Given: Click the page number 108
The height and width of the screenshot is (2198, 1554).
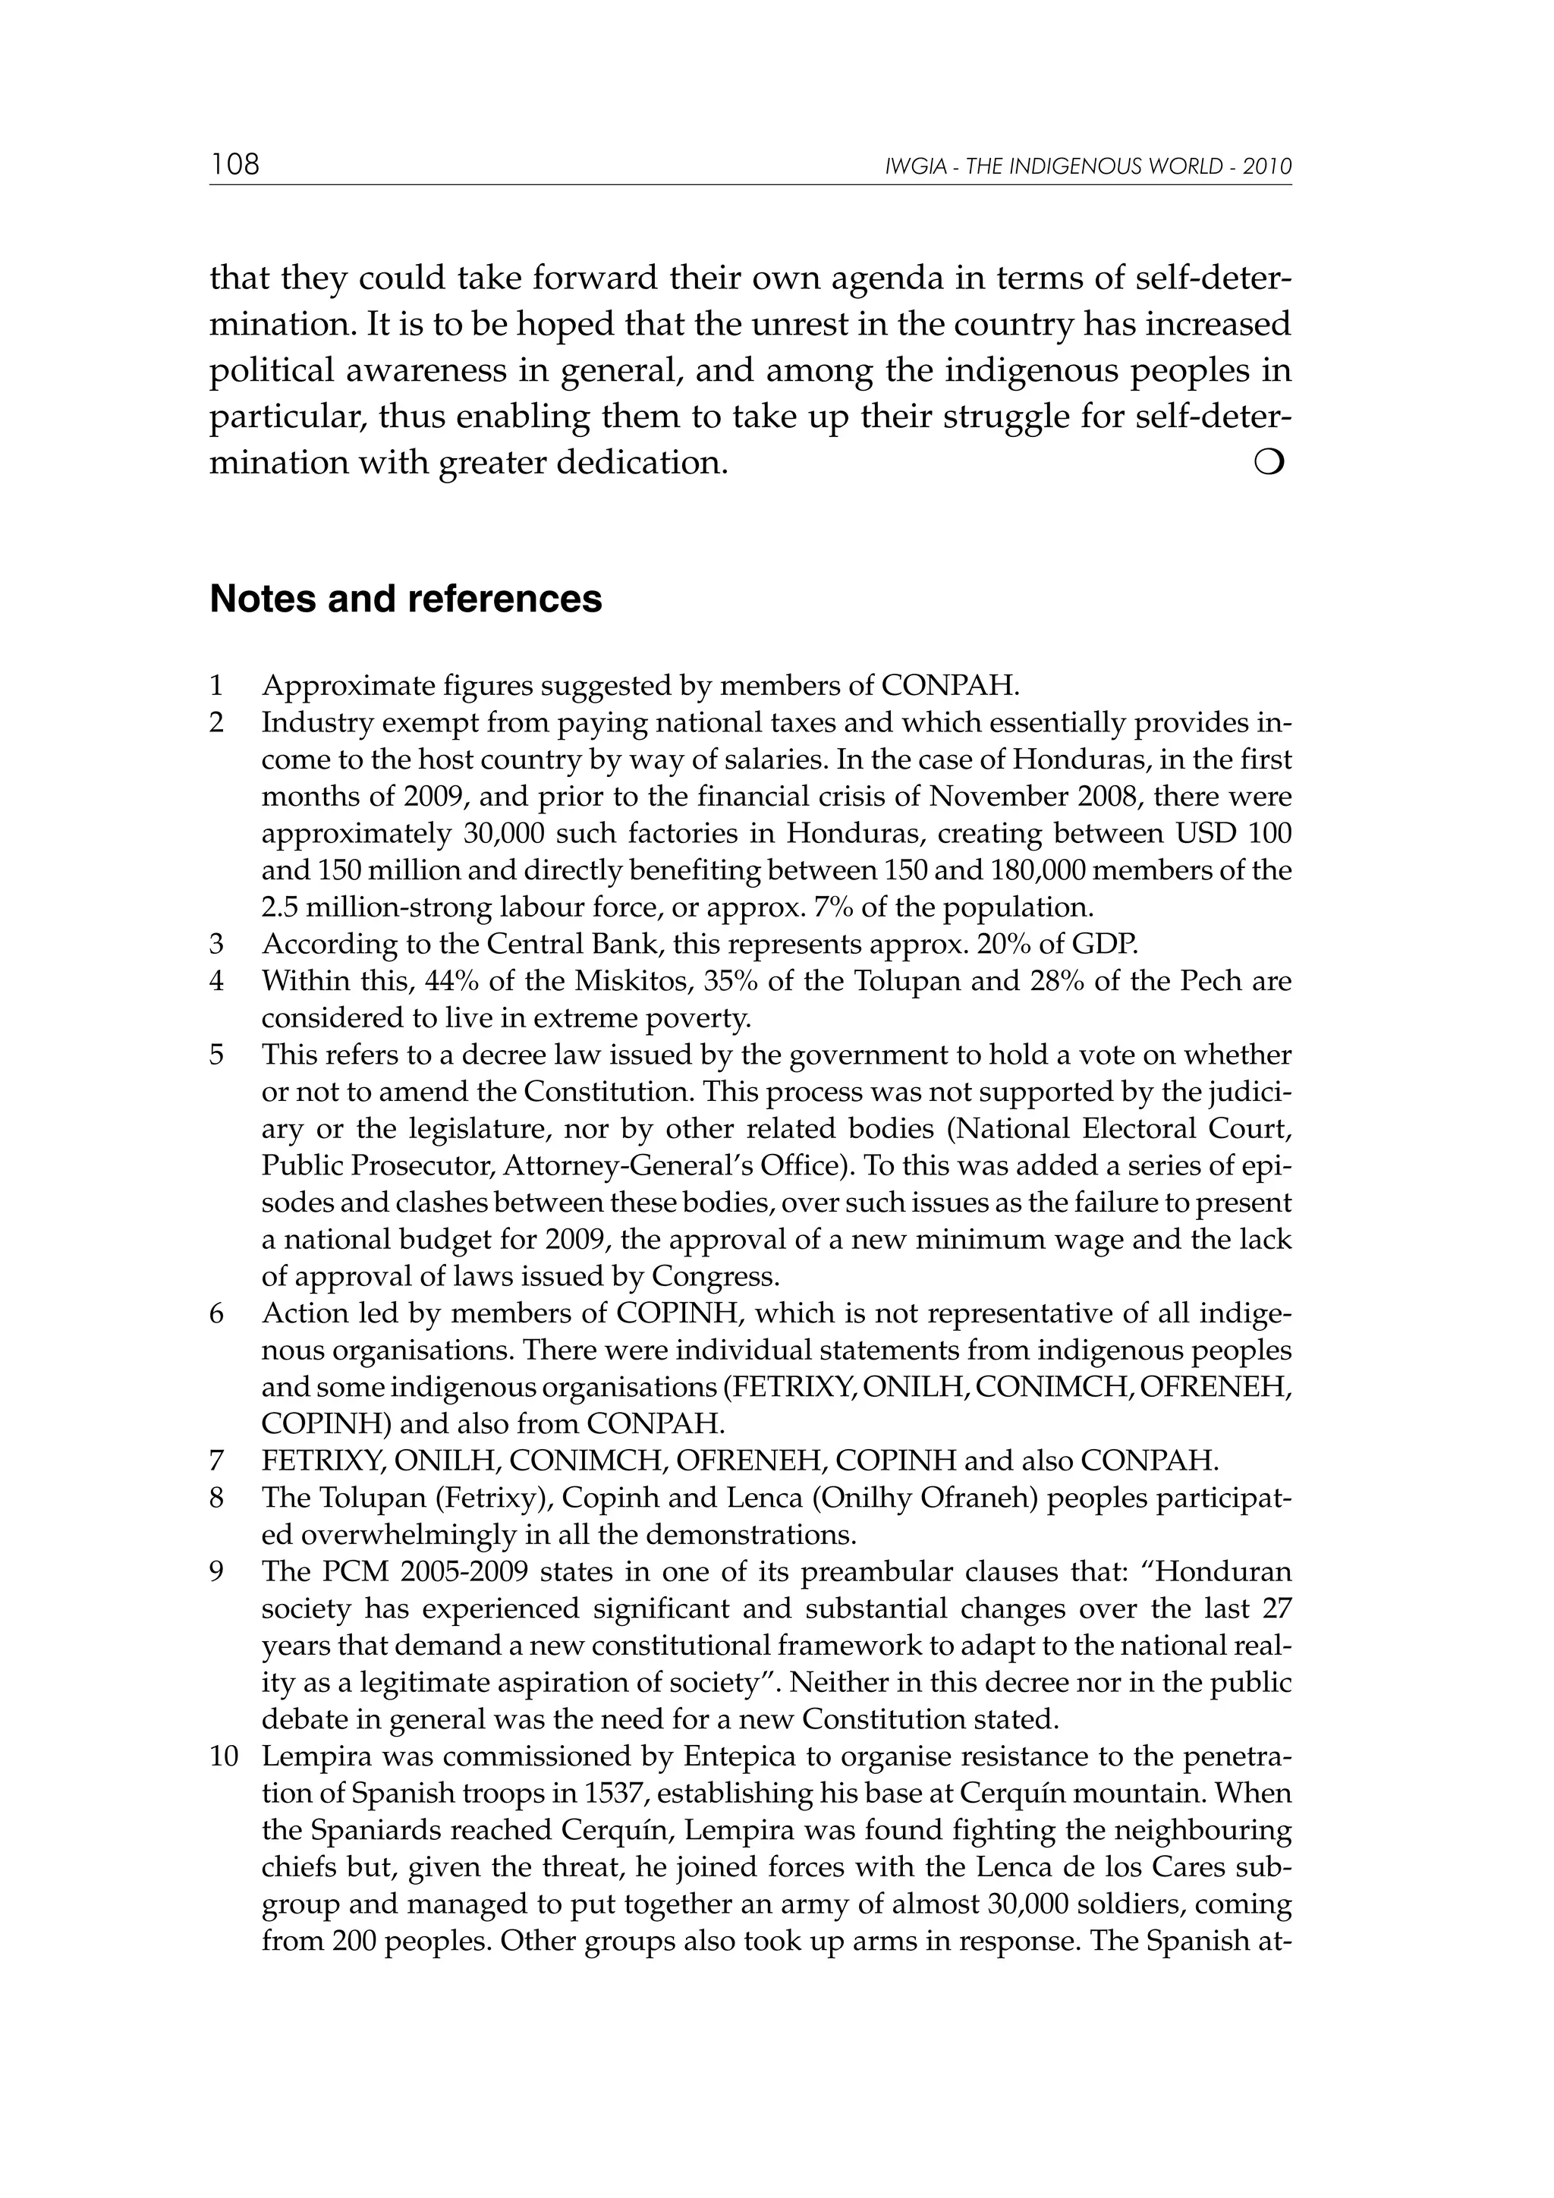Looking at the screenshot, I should click(x=234, y=165).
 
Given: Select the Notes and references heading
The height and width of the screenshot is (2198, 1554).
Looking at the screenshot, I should click(x=405, y=599).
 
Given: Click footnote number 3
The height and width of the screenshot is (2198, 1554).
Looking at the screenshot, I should click(x=216, y=944).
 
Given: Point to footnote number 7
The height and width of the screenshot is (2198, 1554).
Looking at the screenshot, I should click(x=216, y=1461).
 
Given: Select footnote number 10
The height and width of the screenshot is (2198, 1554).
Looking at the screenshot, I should click(x=223, y=1756).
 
